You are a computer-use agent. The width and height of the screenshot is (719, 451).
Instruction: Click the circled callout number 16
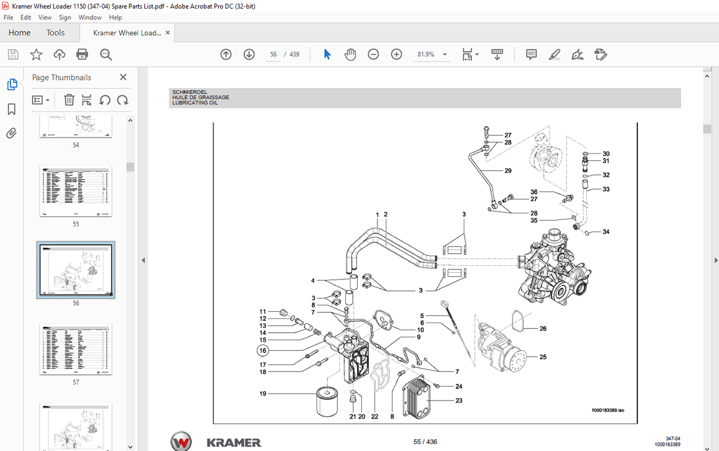[263, 351]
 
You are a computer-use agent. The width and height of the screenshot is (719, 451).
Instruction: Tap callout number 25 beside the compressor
[543, 357]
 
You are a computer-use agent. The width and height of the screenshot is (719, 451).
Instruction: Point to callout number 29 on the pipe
[508, 171]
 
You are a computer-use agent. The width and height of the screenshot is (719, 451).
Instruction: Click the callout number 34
[606, 232]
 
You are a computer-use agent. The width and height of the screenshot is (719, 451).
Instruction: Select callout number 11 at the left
[263, 312]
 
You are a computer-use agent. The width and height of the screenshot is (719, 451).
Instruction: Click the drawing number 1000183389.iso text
[607, 410]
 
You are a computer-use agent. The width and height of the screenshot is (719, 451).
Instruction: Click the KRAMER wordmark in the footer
[234, 443]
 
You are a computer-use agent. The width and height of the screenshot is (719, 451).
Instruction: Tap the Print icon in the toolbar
[82, 55]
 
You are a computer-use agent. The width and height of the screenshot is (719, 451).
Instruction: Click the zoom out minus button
[373, 55]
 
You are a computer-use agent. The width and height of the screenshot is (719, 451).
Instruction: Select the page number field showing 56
[274, 55]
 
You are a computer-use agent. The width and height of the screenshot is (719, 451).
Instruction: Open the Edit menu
[26, 17]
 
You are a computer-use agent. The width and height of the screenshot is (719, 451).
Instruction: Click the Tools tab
[56, 33]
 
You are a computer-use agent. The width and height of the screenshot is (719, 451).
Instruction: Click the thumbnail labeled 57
[76, 350]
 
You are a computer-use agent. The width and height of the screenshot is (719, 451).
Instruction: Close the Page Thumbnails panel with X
[123, 77]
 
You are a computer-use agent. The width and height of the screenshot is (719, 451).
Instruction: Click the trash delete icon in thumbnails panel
[69, 100]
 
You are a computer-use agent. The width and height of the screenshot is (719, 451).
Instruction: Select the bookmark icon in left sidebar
[12, 110]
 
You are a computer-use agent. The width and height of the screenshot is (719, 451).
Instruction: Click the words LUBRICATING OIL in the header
[195, 103]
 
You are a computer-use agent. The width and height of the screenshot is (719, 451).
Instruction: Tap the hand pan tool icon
[350, 55]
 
